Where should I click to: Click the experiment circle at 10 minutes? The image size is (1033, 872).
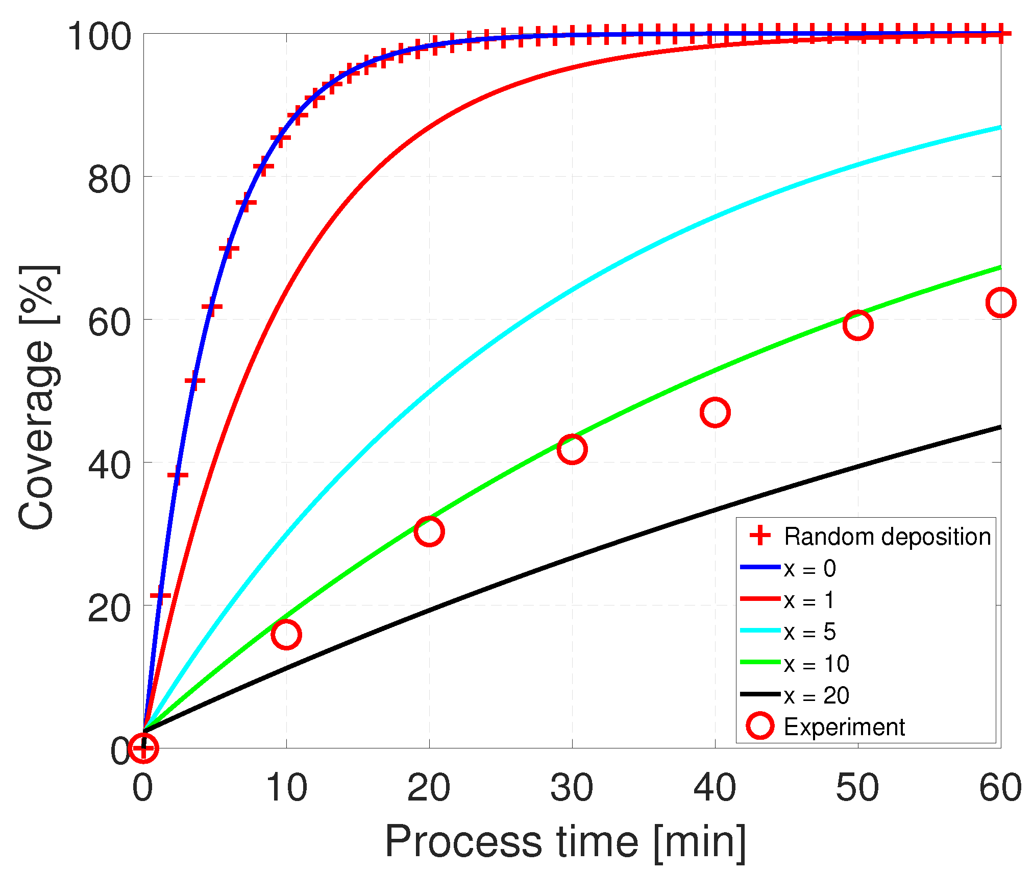pos(286,635)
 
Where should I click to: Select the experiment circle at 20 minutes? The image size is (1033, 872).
pos(429,531)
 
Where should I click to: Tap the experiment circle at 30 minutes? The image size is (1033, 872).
pos(572,449)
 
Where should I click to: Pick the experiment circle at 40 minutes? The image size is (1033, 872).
pos(715,413)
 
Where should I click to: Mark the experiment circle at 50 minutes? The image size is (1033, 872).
pos(858,325)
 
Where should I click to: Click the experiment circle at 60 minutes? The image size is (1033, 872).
pos(1001,303)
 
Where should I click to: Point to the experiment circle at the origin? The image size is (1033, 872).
pos(143,748)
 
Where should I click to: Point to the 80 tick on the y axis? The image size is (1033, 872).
pos(109,179)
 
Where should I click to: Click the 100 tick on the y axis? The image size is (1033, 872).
pos(99,36)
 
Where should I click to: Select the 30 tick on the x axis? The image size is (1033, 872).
pos(572,788)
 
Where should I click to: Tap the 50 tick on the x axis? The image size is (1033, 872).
pos(858,788)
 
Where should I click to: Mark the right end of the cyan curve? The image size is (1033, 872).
pos(1000,127)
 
